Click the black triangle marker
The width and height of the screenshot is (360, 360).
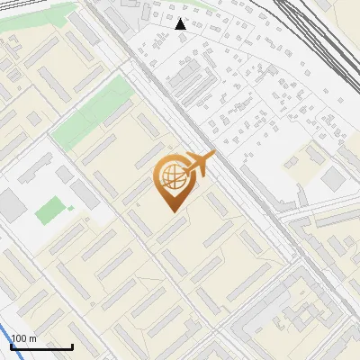(x=181, y=24)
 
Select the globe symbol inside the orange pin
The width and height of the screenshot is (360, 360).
(x=171, y=176)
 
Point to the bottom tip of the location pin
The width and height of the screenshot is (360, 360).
(x=171, y=211)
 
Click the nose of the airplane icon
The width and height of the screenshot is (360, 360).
(x=213, y=155)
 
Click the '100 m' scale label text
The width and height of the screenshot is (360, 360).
(x=24, y=338)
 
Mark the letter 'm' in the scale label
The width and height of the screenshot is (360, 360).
(x=33, y=338)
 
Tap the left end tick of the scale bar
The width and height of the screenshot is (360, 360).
(x=11, y=346)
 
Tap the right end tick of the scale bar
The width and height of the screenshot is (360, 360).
(x=72, y=346)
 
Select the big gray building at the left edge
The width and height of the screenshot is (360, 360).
(x=12, y=204)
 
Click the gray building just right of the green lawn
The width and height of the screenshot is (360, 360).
(x=85, y=194)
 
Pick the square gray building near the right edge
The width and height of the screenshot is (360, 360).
(x=333, y=179)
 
